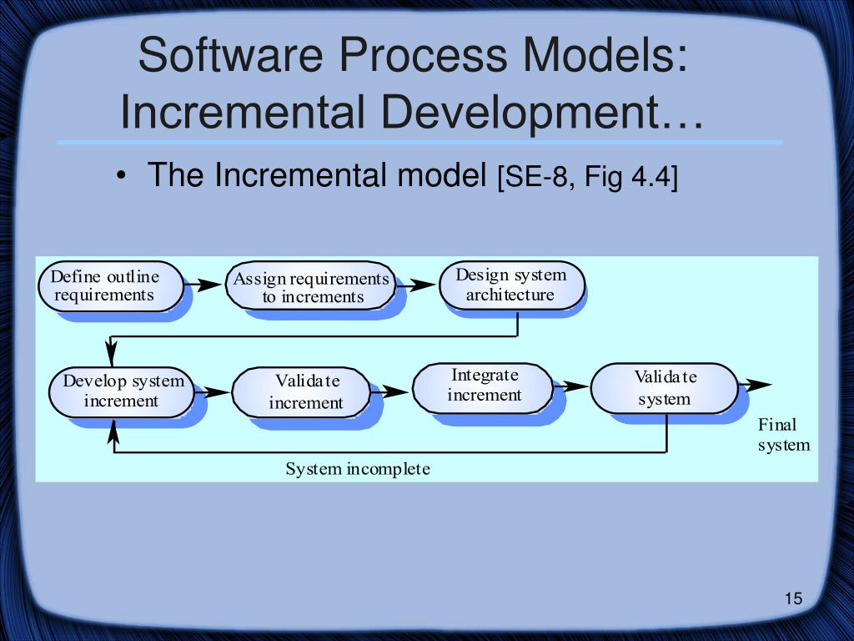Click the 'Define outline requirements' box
110,285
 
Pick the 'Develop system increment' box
121,391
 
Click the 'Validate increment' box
301,392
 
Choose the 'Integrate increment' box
483,386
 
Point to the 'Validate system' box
664,388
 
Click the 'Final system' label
783,435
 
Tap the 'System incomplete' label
358,469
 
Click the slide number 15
792,598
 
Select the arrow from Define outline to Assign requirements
203,285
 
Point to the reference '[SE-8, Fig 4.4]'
587,177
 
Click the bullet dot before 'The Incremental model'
123,176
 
